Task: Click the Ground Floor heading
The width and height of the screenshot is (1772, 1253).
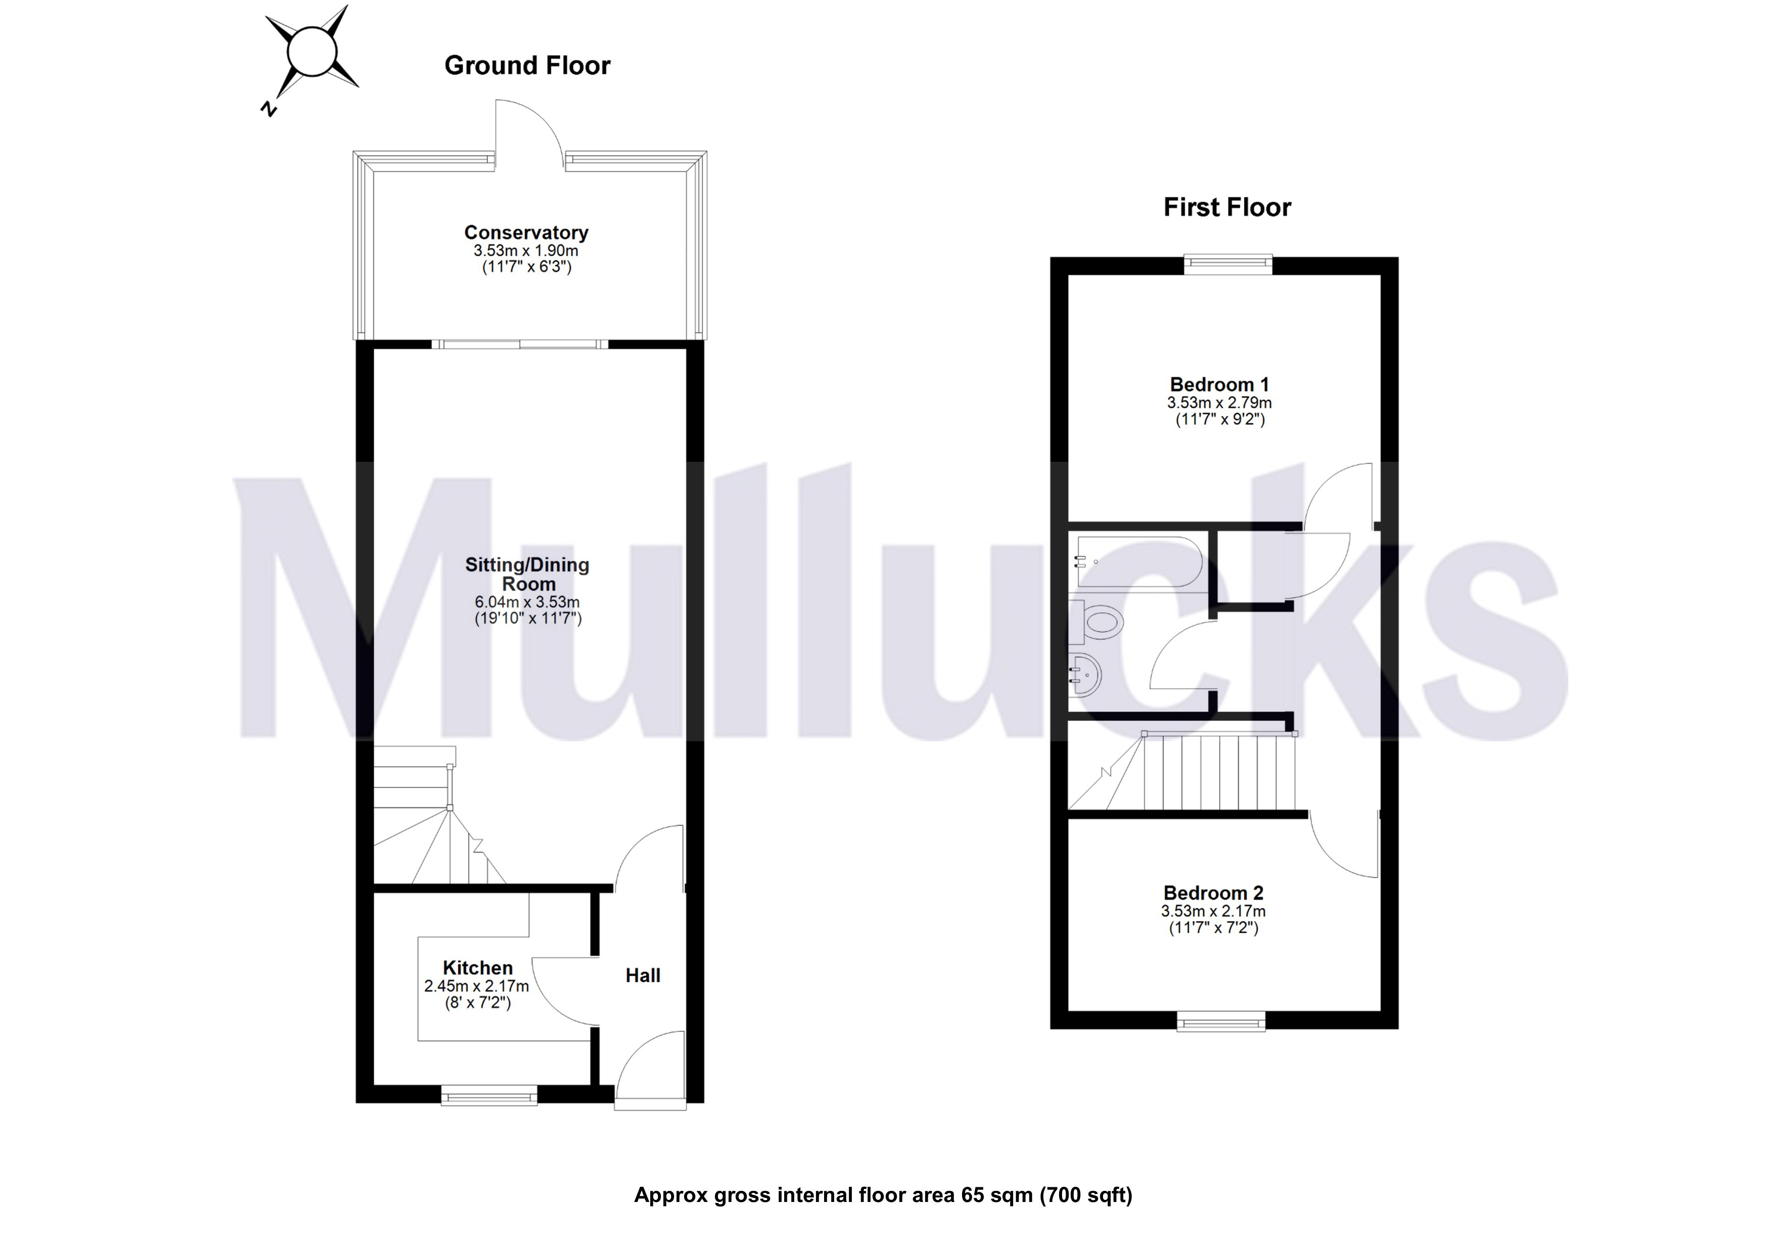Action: pyautogui.click(x=527, y=66)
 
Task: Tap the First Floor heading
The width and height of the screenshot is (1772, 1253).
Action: pyautogui.click(x=1226, y=208)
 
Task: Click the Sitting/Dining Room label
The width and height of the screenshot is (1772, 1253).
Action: pyautogui.click(x=527, y=574)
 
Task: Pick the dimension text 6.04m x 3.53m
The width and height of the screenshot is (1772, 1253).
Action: pyautogui.click(x=527, y=602)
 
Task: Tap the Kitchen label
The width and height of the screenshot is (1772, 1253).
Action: pyautogui.click(x=477, y=968)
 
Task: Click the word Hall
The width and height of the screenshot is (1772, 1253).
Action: pyautogui.click(x=642, y=975)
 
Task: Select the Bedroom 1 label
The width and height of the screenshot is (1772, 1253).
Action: pyautogui.click(x=1219, y=384)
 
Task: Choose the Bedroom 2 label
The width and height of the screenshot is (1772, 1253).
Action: pyautogui.click(x=1213, y=893)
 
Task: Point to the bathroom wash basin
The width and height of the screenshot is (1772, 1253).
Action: pyautogui.click(x=1085, y=675)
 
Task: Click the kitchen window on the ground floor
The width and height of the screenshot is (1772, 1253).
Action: pyautogui.click(x=489, y=1095)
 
